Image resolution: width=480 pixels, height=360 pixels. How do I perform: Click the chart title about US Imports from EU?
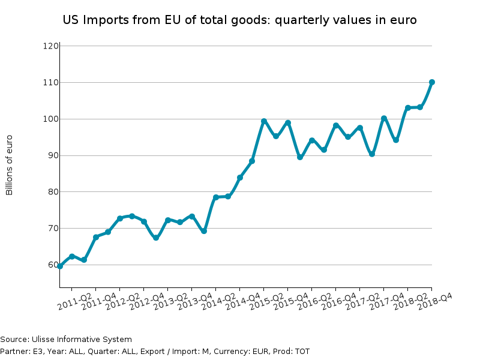[x=239, y=20]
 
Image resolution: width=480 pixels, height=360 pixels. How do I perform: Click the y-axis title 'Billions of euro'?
[x=9, y=165]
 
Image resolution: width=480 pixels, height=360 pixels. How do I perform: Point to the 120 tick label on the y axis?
[x=50, y=46]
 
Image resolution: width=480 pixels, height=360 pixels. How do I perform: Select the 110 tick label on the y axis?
[x=50, y=82]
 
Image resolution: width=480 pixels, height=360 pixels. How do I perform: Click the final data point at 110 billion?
[x=432, y=82]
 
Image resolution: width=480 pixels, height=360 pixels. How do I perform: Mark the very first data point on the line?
[x=60, y=266]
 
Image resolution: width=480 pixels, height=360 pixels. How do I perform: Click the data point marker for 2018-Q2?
[x=420, y=107]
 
